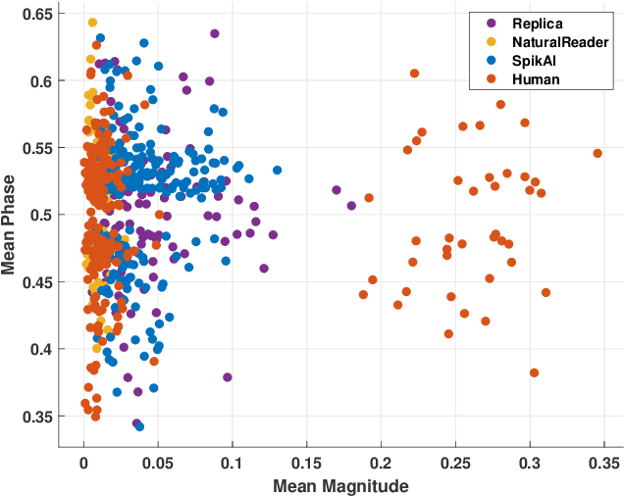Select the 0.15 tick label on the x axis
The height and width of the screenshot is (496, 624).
click(306, 461)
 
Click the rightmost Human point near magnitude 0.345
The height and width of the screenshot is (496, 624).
click(597, 153)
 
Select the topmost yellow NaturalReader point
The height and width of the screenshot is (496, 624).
click(92, 22)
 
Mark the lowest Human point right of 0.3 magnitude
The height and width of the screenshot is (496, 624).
click(534, 372)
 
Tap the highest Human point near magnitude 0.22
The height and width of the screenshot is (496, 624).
click(414, 74)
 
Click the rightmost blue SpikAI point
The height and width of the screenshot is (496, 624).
click(277, 170)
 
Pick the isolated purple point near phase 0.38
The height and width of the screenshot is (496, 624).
click(227, 376)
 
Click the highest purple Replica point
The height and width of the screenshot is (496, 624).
click(214, 33)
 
